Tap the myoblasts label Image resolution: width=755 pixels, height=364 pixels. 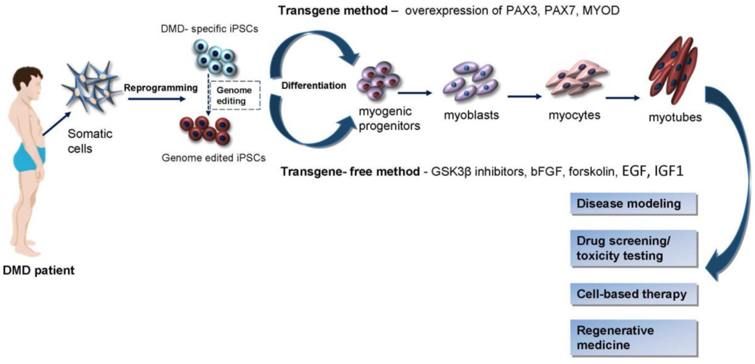click(465, 116)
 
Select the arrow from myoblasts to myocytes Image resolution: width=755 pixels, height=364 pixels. click(525, 96)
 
